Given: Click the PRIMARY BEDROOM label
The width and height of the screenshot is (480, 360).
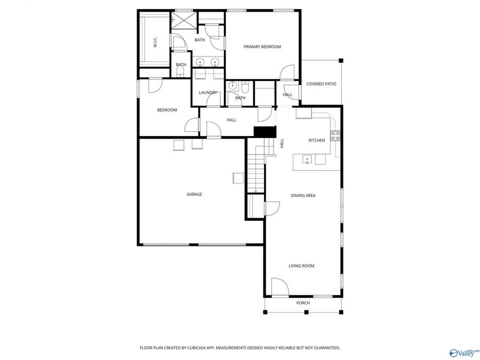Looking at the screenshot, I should point(262,47).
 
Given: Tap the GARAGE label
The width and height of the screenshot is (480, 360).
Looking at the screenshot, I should point(194,194).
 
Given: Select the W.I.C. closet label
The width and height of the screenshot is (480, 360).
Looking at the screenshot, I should point(155,43).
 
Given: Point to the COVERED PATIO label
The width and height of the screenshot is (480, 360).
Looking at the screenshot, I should point(321,84).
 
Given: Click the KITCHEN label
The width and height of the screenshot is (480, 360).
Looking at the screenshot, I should point(316,140).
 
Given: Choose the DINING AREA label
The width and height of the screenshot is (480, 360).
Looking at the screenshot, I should point(303,196).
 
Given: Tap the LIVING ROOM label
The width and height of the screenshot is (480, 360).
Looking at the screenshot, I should point(301,266).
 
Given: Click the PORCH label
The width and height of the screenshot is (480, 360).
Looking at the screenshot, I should point(303,303).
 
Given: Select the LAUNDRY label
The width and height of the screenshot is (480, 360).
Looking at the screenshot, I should point(207,93).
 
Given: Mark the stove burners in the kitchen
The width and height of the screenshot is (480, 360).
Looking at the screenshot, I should point(335,136).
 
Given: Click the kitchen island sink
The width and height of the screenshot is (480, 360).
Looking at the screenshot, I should point(307,158).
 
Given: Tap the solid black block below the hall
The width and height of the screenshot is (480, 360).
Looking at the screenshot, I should point(265,131).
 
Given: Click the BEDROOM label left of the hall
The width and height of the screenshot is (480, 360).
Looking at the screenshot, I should point(167,110).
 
